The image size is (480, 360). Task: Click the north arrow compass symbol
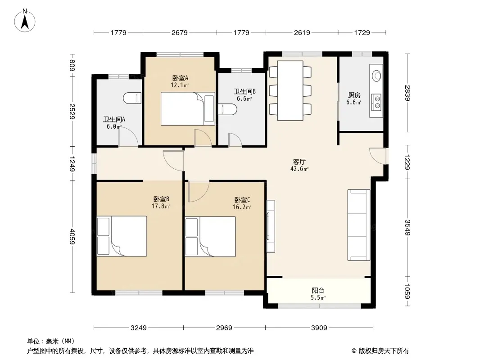(25, 21)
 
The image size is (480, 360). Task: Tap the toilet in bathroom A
(132, 98)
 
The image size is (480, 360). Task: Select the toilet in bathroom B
(227, 109)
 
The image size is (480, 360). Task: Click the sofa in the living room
(359, 225)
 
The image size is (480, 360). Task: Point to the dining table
(290, 90)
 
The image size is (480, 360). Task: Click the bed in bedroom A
(188, 108)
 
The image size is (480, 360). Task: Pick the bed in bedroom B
(122, 236)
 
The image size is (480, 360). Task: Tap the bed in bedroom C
(210, 236)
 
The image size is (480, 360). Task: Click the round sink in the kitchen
(376, 75)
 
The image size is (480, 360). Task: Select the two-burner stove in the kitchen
(376, 102)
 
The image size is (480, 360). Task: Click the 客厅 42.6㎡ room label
(299, 165)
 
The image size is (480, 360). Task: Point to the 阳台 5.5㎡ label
(318, 294)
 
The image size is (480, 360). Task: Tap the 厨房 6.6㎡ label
(354, 99)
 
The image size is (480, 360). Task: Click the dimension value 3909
(319, 328)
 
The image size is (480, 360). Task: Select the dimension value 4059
(72, 236)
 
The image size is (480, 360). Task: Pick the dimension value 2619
(302, 32)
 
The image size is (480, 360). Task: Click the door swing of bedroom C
(199, 191)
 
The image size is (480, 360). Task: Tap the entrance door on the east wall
(378, 156)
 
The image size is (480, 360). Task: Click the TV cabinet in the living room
(271, 226)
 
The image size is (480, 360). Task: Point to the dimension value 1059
(407, 291)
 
